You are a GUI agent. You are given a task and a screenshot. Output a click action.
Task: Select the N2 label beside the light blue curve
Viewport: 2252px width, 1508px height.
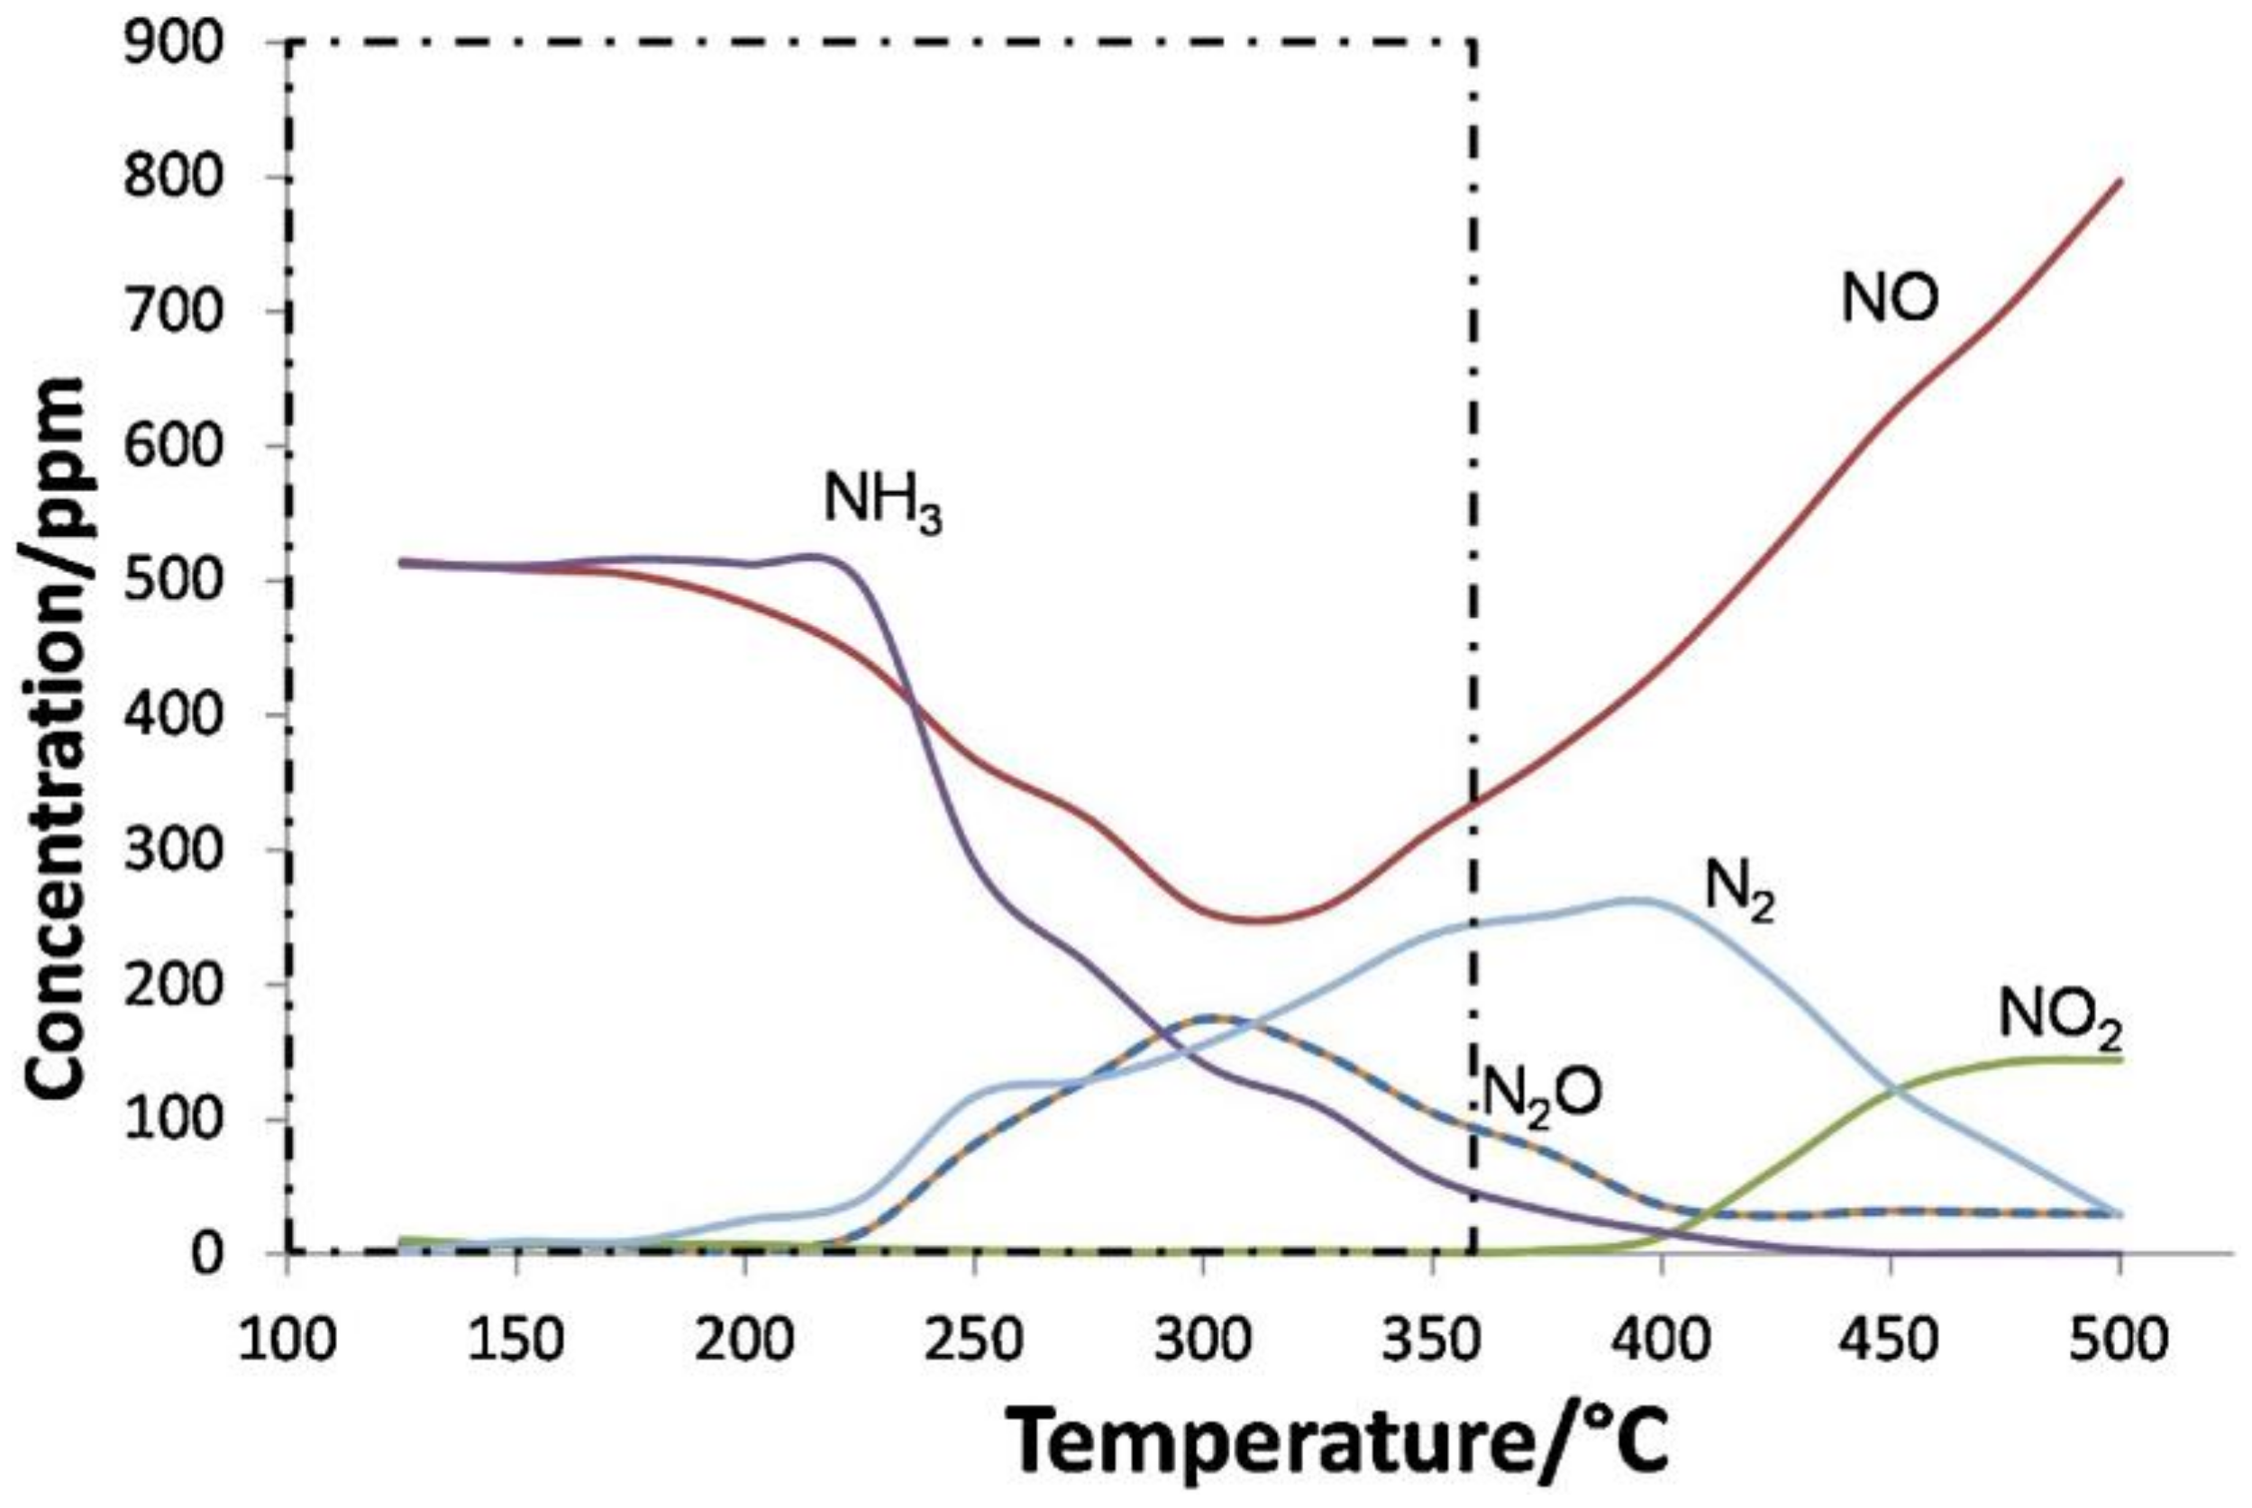click(x=1738, y=891)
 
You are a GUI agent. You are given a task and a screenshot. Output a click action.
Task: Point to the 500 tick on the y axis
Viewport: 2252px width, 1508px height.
click(x=184, y=581)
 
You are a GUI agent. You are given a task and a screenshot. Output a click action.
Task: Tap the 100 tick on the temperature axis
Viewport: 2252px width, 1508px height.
click(x=287, y=1340)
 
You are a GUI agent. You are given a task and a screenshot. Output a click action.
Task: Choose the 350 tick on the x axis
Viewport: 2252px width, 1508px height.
click(x=1432, y=1340)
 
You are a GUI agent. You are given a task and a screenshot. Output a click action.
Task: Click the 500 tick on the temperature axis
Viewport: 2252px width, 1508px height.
click(x=2120, y=1340)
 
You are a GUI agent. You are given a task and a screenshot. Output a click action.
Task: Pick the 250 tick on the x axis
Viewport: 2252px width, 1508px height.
click(x=974, y=1340)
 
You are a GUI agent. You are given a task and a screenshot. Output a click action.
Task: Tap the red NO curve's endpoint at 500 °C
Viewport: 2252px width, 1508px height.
click(x=2120, y=181)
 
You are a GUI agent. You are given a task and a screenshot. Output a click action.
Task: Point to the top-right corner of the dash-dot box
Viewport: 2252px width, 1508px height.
click(x=1472, y=42)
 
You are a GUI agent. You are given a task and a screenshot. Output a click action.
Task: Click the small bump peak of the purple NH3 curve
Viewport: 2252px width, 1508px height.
click(x=814, y=555)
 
